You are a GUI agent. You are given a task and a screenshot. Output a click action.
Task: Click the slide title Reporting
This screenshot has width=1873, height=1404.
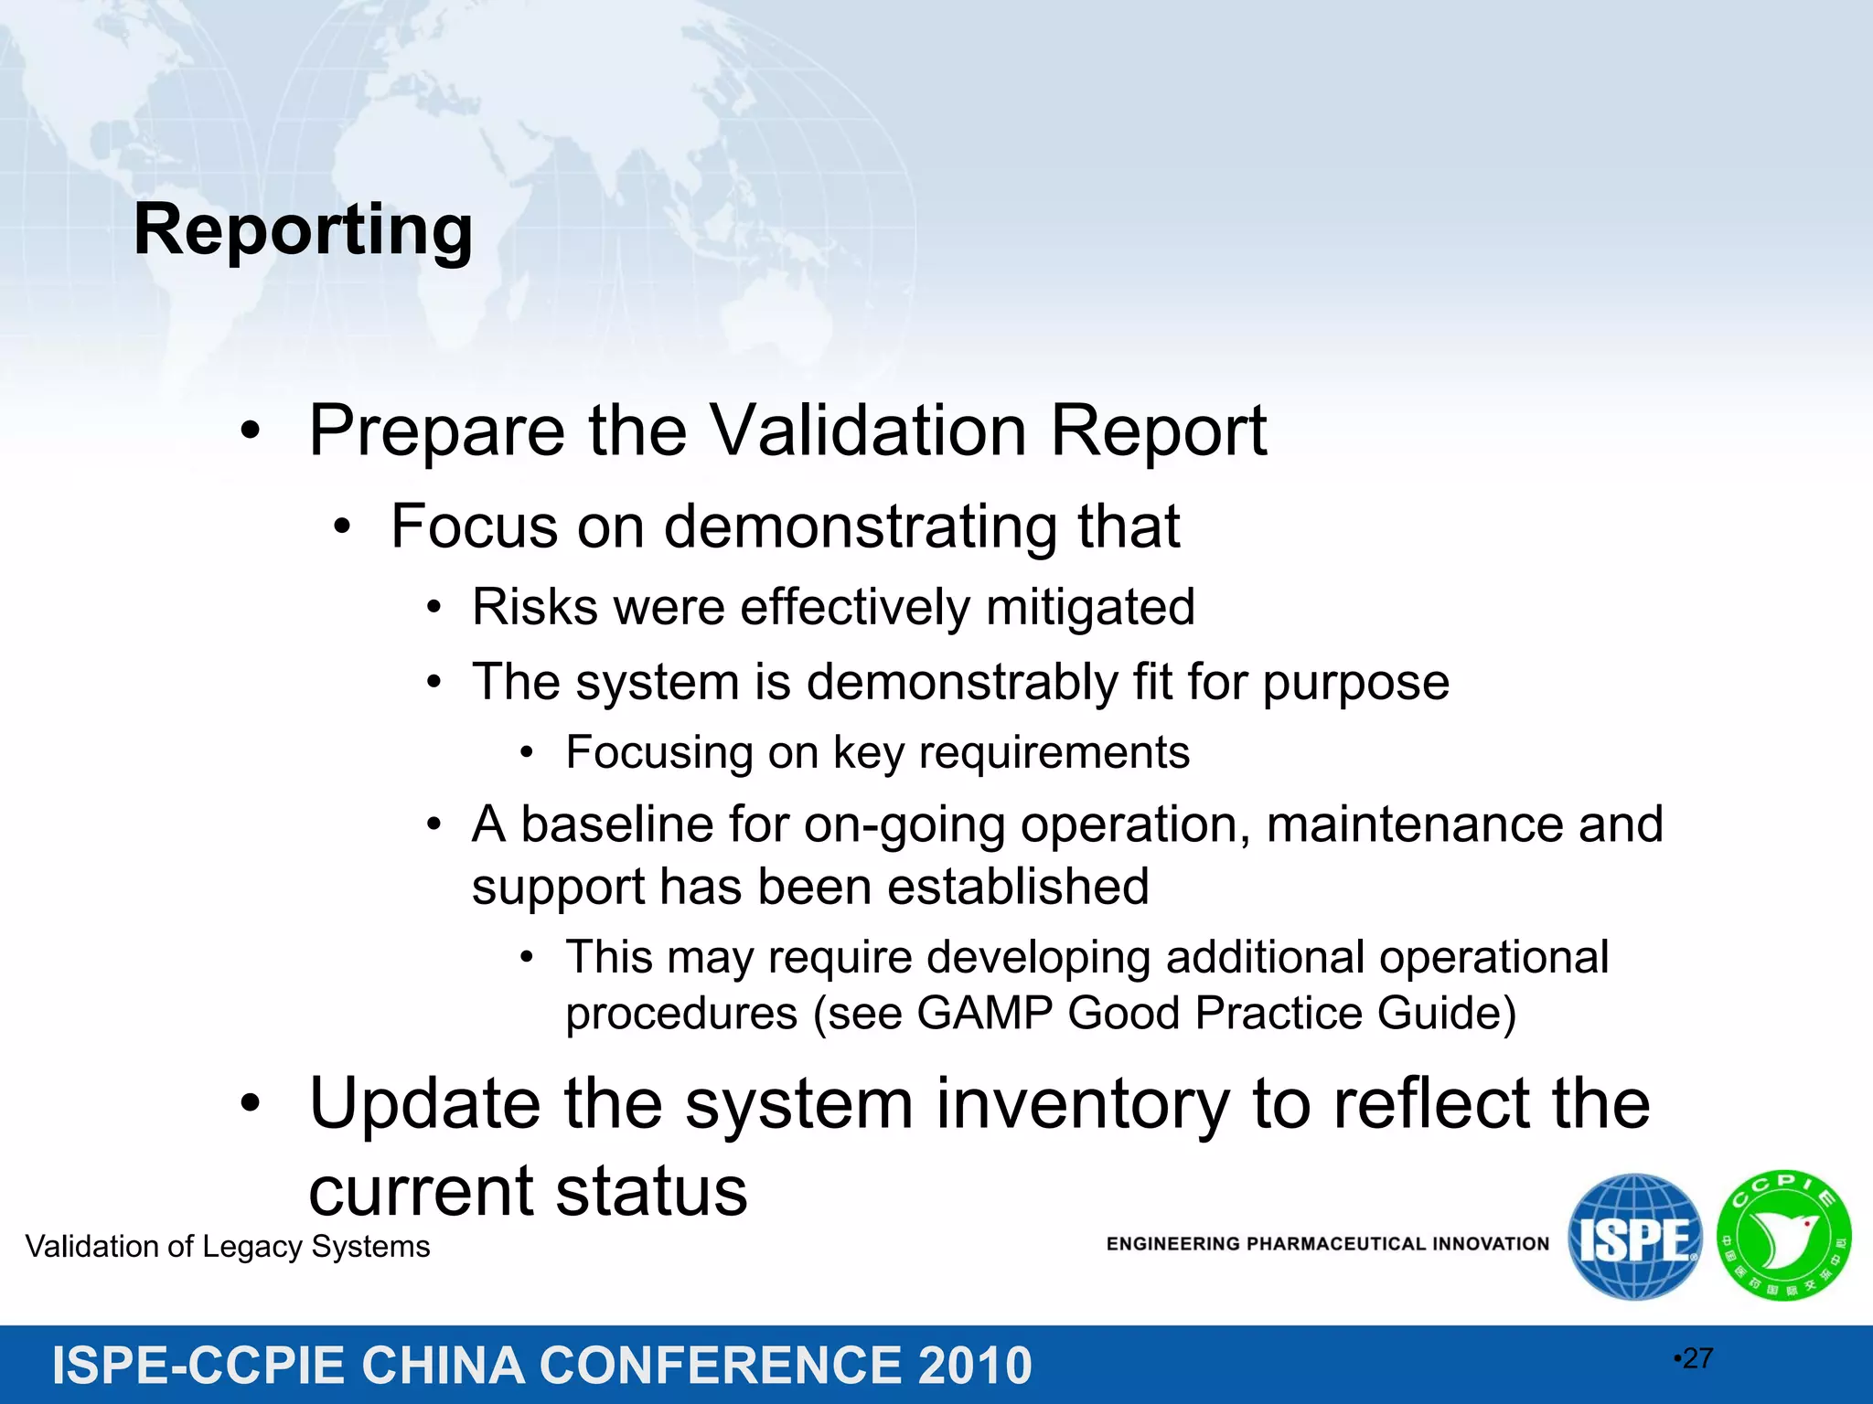(x=303, y=230)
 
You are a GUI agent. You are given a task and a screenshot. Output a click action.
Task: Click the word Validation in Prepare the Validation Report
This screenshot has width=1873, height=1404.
(x=869, y=431)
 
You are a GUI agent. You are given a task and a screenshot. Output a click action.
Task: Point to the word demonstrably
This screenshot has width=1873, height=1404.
(x=961, y=683)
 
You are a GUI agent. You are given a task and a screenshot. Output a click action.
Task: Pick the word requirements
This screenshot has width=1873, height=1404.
(x=1054, y=753)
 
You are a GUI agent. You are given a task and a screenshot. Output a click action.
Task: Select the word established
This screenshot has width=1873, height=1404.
(x=1018, y=887)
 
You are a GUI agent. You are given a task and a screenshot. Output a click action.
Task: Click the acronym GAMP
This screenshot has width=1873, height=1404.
(x=985, y=1013)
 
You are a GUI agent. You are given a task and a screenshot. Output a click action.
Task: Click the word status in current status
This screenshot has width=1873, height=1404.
(x=651, y=1191)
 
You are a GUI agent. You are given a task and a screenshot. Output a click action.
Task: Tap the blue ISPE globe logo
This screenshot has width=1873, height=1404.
(x=1634, y=1237)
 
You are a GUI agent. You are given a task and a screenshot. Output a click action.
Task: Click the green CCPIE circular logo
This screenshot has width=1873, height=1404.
(x=1783, y=1236)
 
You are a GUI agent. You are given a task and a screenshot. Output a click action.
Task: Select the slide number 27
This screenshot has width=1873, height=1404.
(x=1696, y=1358)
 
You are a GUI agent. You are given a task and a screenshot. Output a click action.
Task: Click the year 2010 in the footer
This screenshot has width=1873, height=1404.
(x=974, y=1366)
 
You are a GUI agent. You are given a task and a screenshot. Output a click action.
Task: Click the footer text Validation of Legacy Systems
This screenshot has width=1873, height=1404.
(x=228, y=1247)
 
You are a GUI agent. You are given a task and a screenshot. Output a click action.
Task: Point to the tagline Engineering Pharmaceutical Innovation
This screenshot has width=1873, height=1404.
(x=1327, y=1244)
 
